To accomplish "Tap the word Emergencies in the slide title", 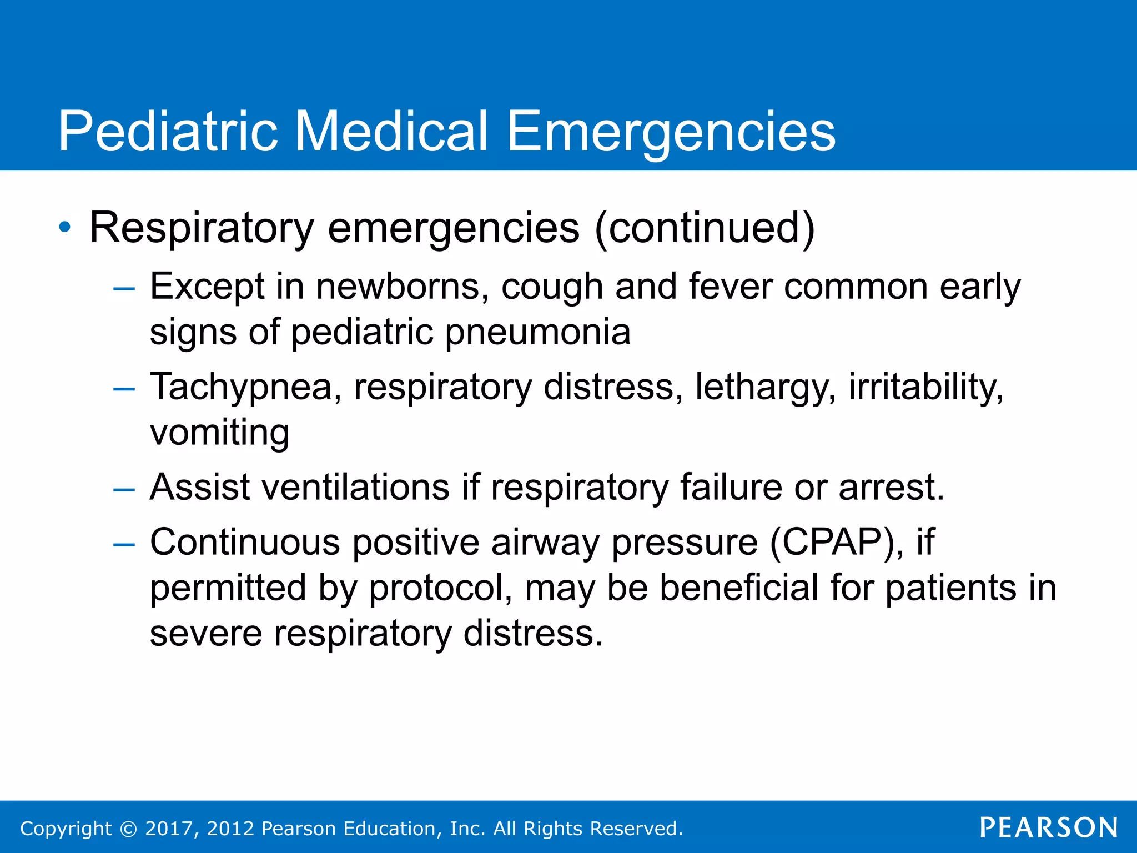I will point(671,132).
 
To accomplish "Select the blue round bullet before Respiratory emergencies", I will point(66,227).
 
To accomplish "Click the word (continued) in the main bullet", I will point(705,228).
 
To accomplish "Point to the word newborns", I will point(402,287).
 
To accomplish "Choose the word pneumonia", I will point(537,332).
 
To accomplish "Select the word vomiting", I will point(220,432).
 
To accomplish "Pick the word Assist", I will point(200,487).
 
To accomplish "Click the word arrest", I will point(891,487).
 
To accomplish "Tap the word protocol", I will point(441,588).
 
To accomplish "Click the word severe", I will point(206,633).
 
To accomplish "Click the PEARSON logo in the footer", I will point(1049,828).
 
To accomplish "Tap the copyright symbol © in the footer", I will point(128,829).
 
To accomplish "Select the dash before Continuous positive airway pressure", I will point(124,545).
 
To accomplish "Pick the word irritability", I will point(925,387).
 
